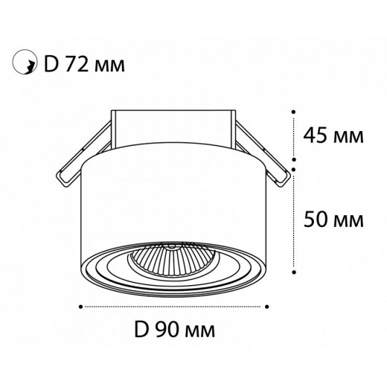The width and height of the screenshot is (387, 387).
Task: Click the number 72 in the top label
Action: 77,64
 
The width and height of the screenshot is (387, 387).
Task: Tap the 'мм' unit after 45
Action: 348,137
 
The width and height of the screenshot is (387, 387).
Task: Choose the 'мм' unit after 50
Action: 348,220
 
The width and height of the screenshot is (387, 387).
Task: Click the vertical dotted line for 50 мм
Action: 295,220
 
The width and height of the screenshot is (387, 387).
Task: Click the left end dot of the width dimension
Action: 80,305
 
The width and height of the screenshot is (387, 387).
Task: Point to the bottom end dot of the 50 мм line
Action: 295,269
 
